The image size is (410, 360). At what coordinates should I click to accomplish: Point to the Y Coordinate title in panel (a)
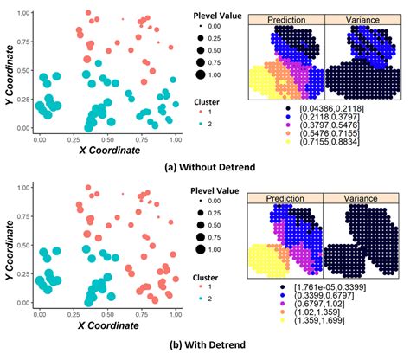tap(9, 69)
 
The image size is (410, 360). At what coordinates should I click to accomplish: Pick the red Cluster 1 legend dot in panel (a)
tap(201, 112)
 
